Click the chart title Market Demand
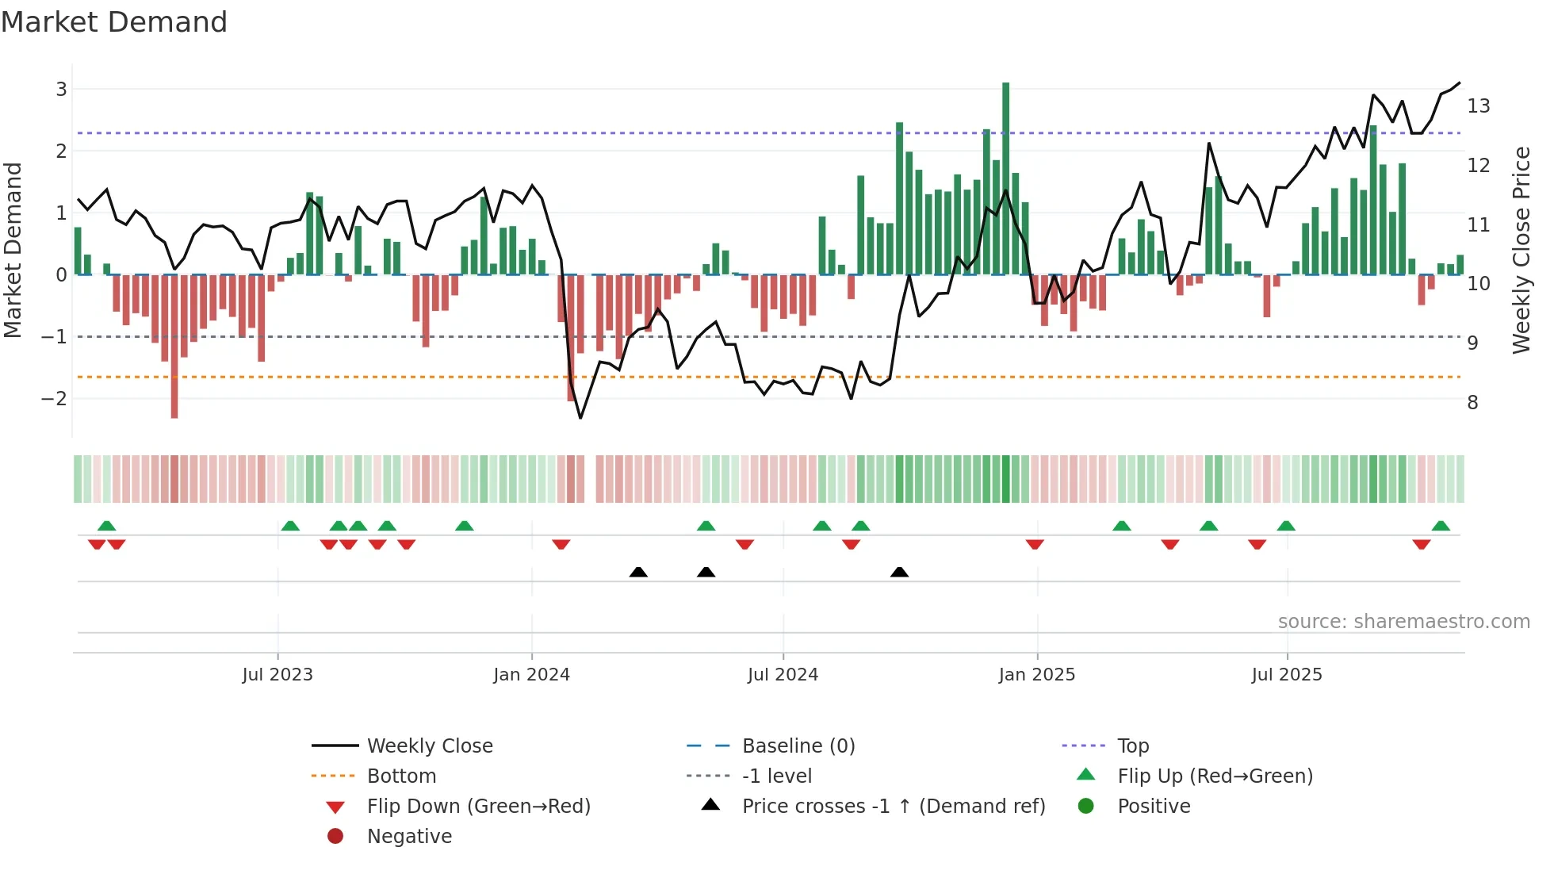click(114, 22)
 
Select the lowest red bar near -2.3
click(174, 349)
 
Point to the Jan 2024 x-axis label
click(531, 675)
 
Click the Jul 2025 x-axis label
click(1286, 675)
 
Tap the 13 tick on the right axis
click(1478, 106)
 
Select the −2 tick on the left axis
click(54, 399)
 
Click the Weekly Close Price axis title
click(1521, 250)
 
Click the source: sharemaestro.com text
click(1403, 622)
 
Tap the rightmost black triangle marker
click(899, 572)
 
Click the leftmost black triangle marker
click(638, 572)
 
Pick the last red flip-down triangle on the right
click(1421, 544)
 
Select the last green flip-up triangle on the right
click(1441, 526)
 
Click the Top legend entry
click(1132, 746)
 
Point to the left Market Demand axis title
click(13, 250)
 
